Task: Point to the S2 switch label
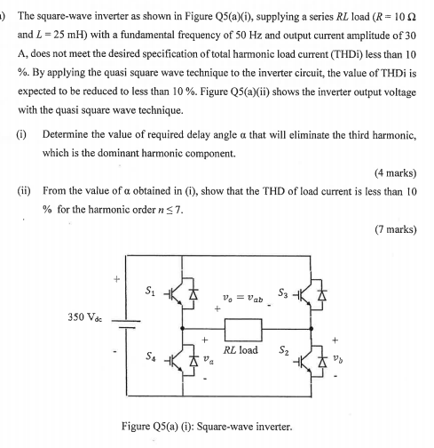tap(284, 359)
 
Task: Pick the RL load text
tap(241, 350)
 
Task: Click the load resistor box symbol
tap(242, 329)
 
